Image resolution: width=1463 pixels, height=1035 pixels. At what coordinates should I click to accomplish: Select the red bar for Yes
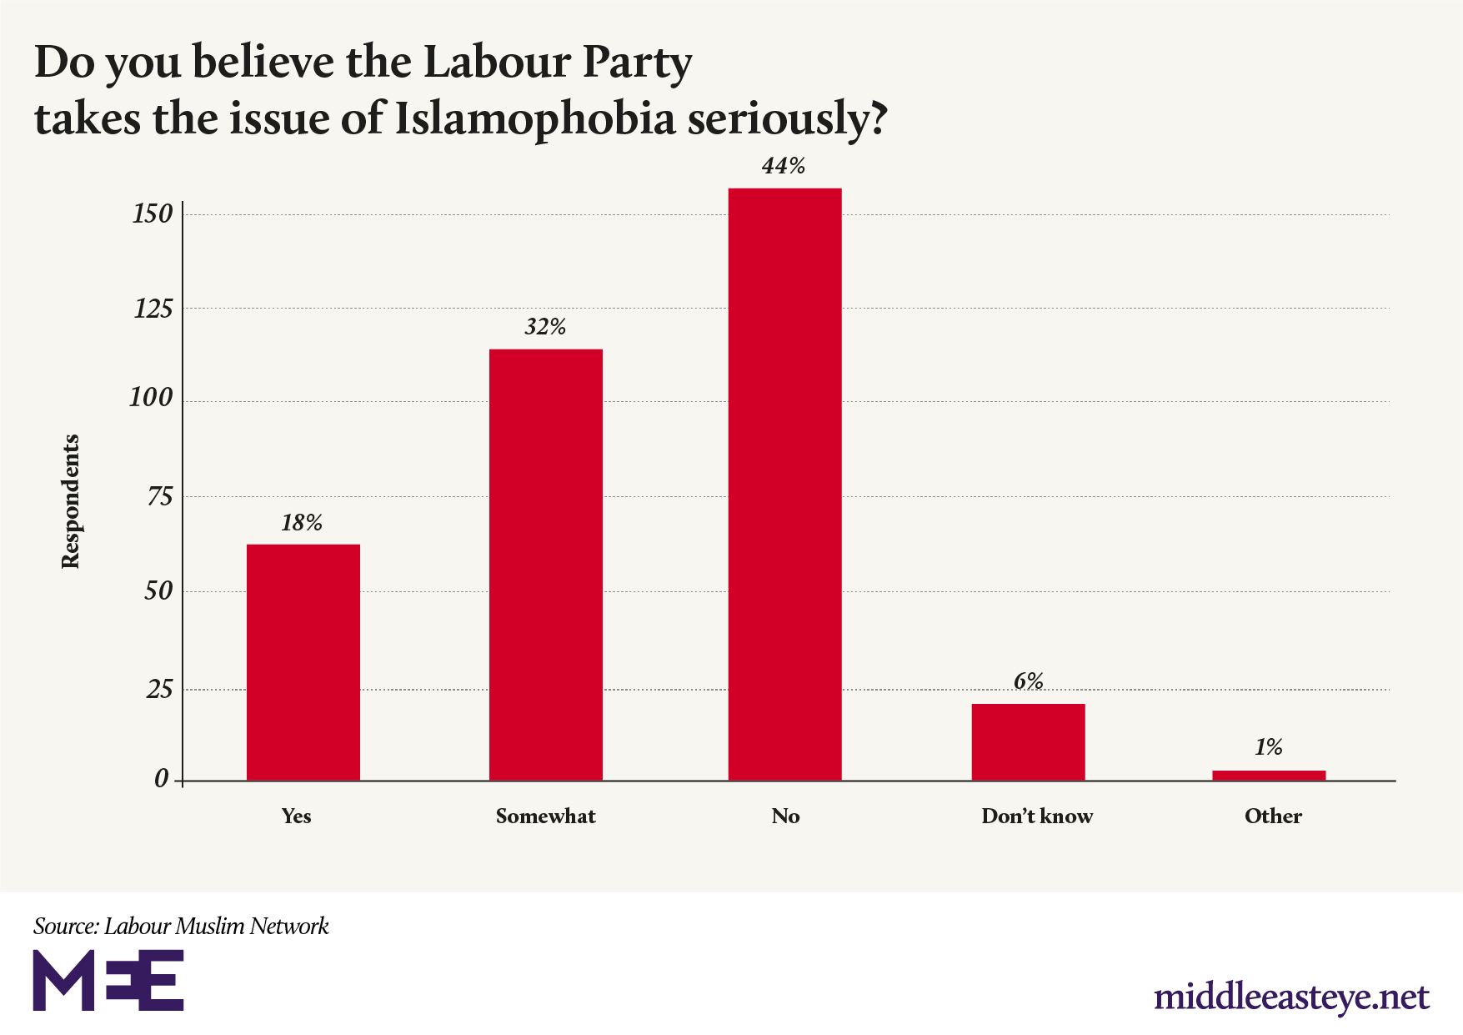303,662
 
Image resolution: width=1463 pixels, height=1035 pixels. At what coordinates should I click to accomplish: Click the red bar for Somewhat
545,565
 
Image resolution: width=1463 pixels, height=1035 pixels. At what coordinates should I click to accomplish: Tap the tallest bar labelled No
784,484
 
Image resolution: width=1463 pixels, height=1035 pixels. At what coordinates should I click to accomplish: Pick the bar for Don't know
1028,741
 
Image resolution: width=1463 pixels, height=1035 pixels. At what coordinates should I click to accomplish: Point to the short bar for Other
1268,776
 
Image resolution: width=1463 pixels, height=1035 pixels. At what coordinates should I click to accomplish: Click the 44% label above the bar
784,166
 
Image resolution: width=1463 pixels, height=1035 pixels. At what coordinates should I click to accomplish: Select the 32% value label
545,327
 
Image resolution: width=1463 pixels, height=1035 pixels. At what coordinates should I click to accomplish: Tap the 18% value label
302,523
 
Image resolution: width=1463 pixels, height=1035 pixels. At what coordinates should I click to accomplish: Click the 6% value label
1028,681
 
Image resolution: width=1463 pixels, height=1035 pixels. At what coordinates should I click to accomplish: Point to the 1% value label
1268,747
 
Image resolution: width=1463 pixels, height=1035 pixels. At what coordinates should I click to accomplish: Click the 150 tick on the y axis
153,214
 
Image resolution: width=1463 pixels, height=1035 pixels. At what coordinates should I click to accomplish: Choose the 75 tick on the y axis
159,497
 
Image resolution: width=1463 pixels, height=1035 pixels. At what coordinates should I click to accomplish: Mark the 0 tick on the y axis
162,780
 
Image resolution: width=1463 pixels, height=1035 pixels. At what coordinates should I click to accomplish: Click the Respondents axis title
71,501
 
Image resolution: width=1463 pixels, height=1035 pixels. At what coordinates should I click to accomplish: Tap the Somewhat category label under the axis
545,816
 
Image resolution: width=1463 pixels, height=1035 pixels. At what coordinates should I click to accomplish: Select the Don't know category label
1036,816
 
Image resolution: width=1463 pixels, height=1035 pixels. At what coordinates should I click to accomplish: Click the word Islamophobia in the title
534,118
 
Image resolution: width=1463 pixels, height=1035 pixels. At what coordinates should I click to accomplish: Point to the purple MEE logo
108,979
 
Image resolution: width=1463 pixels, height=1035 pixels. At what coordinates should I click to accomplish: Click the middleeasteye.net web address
1291,997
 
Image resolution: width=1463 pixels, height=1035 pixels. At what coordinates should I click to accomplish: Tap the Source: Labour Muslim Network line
181,926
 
